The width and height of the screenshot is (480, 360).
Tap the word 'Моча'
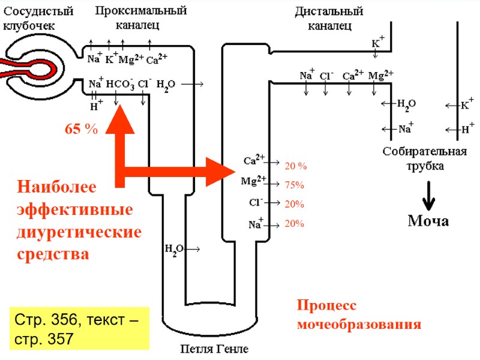428,221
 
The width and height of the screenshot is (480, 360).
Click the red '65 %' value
81,129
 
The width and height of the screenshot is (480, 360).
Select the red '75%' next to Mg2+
295,185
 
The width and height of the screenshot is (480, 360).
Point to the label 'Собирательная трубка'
425,158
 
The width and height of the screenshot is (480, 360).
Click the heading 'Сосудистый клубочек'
38,18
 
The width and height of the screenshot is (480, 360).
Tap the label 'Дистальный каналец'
329,18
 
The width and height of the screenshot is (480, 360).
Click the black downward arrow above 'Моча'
428,194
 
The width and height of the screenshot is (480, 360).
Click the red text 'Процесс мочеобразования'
359,315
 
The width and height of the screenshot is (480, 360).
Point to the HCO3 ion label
120,85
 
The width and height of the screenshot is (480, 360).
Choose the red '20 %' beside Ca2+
296,166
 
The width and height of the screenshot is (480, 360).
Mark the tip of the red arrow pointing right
236,172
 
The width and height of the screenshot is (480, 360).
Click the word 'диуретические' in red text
80,231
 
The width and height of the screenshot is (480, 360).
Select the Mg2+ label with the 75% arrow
253,181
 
